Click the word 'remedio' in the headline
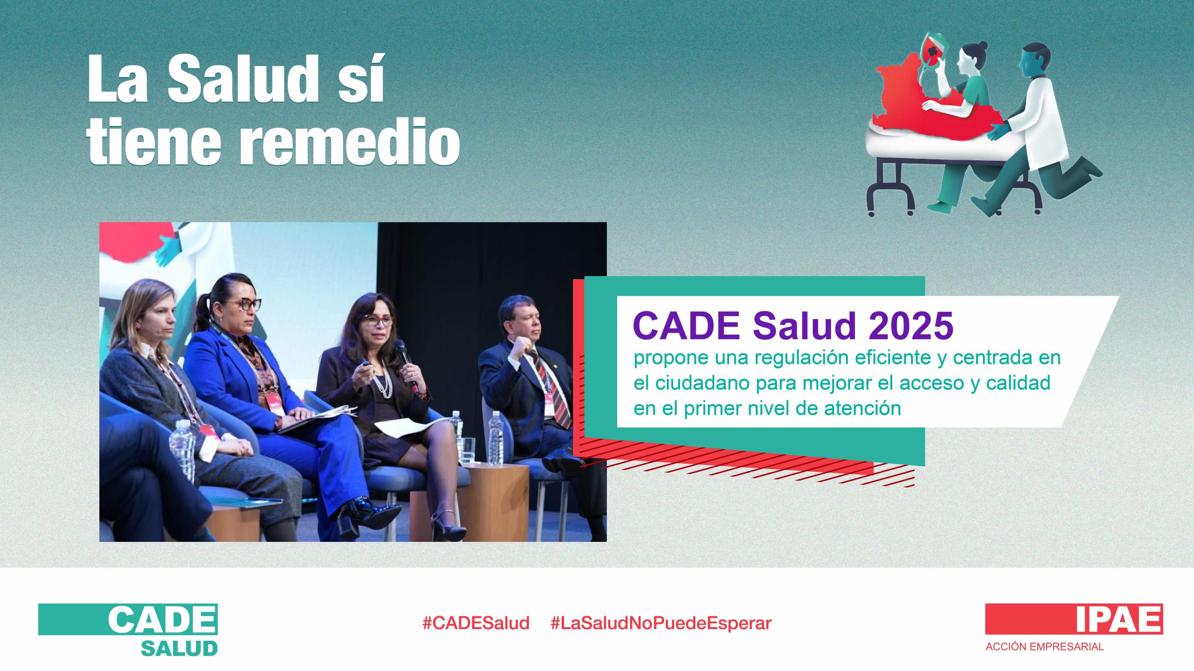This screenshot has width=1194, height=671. [x=350, y=141]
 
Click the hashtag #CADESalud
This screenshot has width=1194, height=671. [x=476, y=623]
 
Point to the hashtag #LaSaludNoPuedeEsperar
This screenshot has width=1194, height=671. [x=661, y=623]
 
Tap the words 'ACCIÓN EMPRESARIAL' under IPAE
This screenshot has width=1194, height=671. [x=1045, y=647]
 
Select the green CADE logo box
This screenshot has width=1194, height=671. [x=128, y=619]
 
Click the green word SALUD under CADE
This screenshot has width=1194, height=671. [x=180, y=648]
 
